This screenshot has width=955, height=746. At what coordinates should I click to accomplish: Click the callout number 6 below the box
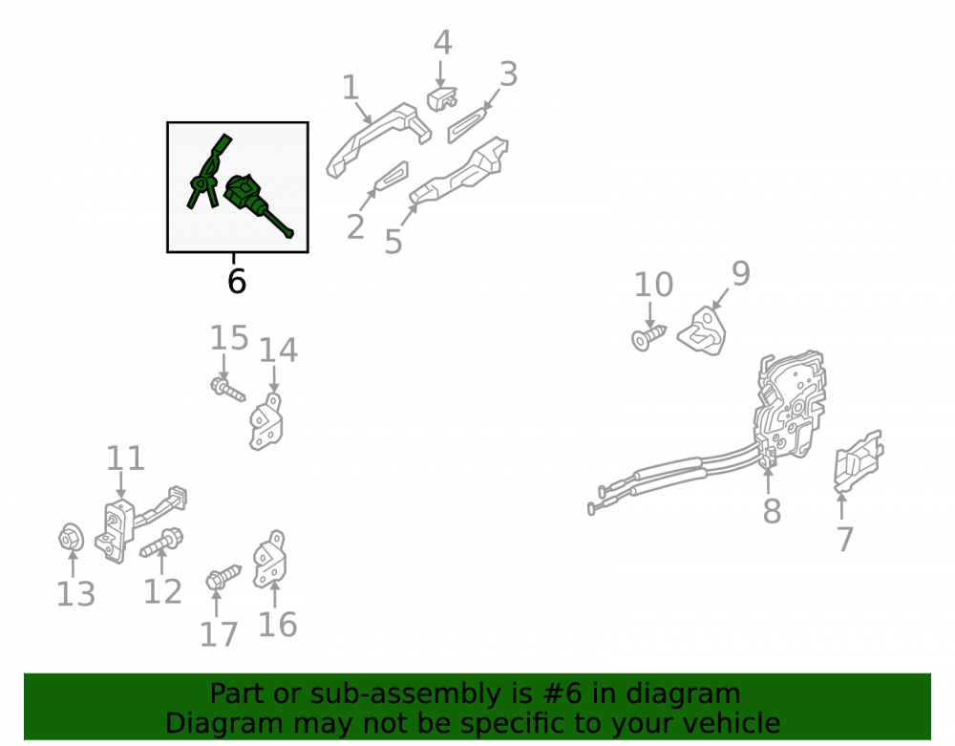(236, 282)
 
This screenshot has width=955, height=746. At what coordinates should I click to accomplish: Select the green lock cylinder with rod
(256, 202)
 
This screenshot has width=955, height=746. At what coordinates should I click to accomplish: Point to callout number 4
(443, 43)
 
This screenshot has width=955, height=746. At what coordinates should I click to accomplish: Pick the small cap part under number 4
(441, 99)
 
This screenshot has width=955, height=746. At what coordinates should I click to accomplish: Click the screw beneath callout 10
(648, 337)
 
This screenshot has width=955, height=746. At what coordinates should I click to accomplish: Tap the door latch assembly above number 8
(790, 406)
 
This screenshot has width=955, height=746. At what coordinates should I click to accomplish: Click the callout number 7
(844, 539)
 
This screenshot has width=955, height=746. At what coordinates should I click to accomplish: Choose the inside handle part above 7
(859, 459)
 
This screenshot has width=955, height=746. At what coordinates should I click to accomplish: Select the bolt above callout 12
(161, 543)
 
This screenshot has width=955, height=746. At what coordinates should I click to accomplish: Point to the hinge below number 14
(266, 421)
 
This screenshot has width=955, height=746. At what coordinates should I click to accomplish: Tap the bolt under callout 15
(228, 389)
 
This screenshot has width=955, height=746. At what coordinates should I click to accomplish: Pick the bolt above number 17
(223, 577)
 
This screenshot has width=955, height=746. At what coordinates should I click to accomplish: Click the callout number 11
(125, 458)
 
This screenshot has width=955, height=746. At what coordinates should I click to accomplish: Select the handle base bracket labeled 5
(460, 171)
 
